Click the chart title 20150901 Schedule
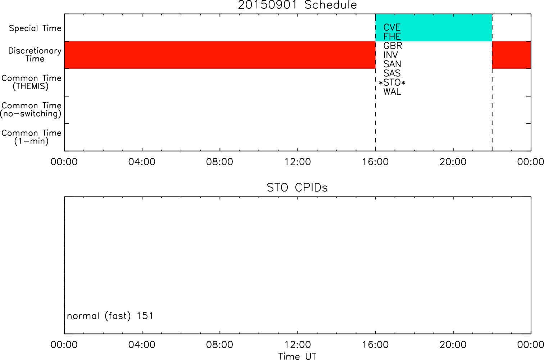[x=297, y=5]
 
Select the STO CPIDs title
[x=297, y=188]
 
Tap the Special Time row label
[x=35, y=28]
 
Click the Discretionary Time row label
[x=35, y=55]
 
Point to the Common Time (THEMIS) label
[x=31, y=82]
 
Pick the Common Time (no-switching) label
[x=31, y=110]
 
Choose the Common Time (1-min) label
[x=31, y=137]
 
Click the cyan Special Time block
[x=434, y=27]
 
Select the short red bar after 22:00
[x=512, y=55]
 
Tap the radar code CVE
[x=392, y=27]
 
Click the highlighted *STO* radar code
[x=392, y=83]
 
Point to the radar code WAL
[x=392, y=92]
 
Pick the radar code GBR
[x=393, y=46]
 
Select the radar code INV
[x=391, y=55]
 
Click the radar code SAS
[x=392, y=73]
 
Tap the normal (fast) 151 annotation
[x=110, y=316]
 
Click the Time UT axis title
[x=297, y=356]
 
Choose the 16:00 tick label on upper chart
[x=376, y=162]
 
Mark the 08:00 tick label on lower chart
[x=219, y=345]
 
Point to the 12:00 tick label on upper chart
[x=298, y=162]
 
